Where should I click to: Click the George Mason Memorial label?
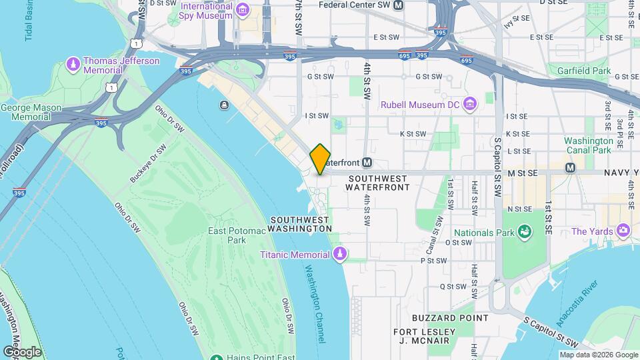(x=31, y=112)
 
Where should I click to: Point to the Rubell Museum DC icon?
(x=471, y=104)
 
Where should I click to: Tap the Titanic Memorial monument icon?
(x=340, y=254)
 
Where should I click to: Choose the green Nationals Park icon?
(x=525, y=232)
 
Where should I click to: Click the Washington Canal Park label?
(x=588, y=145)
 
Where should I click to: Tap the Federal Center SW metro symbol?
(x=399, y=5)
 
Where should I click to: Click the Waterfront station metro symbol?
(x=367, y=162)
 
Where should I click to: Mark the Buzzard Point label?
(x=450, y=318)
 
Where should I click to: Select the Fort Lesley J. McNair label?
(x=424, y=337)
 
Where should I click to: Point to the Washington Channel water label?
(x=315, y=305)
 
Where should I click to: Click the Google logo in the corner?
(x=22, y=351)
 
